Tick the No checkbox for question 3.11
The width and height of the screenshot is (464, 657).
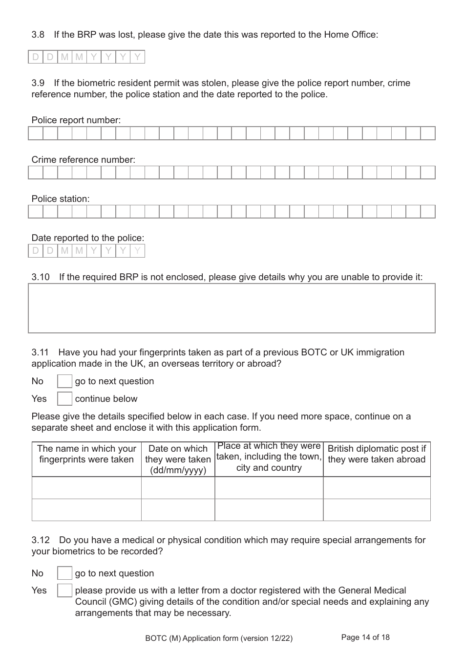tap(64, 381)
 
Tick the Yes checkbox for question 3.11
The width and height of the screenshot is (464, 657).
tap(64, 399)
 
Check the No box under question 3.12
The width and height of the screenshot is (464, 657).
tap(64, 573)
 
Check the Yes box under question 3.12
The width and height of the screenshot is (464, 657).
tap(64, 591)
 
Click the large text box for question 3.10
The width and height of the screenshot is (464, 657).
tap(232, 308)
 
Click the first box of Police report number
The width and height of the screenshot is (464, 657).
tap(36, 133)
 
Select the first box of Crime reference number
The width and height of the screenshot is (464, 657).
tap(36, 173)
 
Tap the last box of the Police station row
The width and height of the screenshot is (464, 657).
tap(428, 212)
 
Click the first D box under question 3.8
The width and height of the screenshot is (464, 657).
tap(36, 57)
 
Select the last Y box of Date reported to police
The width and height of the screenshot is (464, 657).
tap(138, 251)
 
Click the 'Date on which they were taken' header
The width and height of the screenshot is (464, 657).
tap(178, 460)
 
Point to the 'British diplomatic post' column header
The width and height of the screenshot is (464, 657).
tap(377, 454)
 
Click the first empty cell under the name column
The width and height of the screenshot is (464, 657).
tap(86, 488)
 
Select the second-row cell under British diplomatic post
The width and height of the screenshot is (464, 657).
tap(377, 510)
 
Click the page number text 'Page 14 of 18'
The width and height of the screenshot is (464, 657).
tap(365, 637)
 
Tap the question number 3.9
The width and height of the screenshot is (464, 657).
tap(38, 83)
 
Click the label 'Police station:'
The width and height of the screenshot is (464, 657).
tap(61, 199)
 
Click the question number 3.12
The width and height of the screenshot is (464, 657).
tap(41, 540)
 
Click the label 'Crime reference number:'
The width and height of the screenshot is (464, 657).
tap(84, 160)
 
